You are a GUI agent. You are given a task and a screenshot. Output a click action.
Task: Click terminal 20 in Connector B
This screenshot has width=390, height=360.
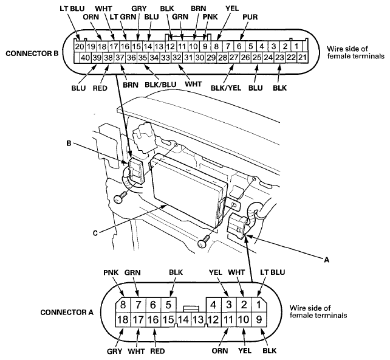(78, 46)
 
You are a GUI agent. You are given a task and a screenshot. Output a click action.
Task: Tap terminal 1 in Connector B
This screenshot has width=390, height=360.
(297, 46)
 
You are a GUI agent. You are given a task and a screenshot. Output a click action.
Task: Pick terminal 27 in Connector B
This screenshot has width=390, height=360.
(233, 57)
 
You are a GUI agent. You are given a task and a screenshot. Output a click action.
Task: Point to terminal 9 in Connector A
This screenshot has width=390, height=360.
(259, 319)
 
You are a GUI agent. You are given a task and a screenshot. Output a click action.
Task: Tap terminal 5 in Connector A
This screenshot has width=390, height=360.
(170, 305)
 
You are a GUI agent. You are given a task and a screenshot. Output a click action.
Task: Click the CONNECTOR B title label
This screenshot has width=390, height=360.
(32, 54)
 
